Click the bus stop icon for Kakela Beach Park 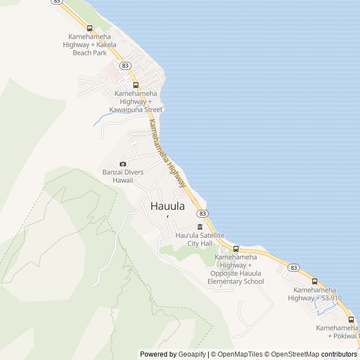[89, 28]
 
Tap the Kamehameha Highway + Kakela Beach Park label [89, 44]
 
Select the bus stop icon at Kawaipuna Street [136, 85]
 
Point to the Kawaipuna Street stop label [138, 101]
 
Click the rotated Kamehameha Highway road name [167, 152]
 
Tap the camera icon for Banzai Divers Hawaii [123, 164]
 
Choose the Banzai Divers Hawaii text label [122, 176]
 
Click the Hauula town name [168, 206]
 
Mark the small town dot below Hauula [167, 217]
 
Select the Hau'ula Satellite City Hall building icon [200, 227]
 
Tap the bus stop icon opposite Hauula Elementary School [236, 249]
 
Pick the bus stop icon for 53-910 [314, 281]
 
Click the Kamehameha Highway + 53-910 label [317, 294]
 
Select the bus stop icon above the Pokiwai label [352, 319]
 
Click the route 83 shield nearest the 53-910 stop [294, 268]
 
